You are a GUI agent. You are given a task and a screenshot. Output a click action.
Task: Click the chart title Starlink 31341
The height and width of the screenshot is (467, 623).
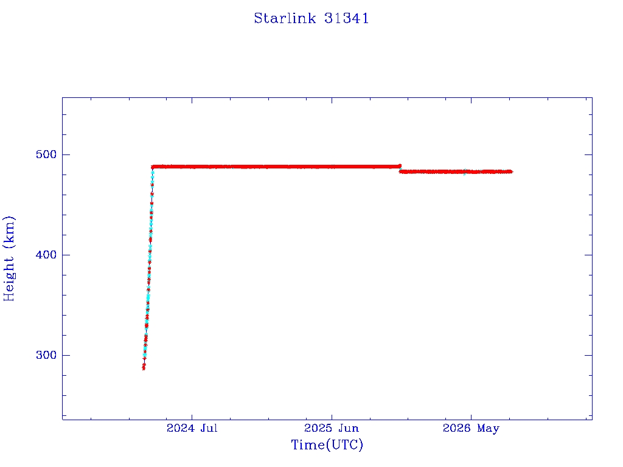click(311, 18)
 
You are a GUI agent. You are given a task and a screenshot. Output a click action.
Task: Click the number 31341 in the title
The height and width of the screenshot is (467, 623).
click(346, 18)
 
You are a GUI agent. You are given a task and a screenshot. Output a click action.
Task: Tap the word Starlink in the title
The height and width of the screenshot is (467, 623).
click(285, 18)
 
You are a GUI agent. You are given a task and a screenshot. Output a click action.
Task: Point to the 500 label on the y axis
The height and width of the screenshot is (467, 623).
click(46, 154)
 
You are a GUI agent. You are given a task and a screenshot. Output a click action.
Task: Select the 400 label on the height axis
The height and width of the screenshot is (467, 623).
click(46, 255)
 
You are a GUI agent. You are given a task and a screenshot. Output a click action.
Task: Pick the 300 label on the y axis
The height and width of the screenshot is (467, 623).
click(46, 355)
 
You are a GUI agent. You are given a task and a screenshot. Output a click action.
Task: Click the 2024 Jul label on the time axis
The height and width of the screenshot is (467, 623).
click(192, 428)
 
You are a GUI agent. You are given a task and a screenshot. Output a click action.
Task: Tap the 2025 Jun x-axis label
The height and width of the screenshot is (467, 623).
click(332, 428)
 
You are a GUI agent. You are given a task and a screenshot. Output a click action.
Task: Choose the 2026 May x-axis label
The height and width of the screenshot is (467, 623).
click(472, 429)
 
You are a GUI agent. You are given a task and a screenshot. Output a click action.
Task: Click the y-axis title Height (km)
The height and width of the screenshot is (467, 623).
click(9, 258)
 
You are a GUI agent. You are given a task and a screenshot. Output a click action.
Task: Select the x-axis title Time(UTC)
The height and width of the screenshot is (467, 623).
click(327, 445)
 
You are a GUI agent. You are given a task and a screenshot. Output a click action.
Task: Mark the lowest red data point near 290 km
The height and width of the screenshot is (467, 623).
click(144, 368)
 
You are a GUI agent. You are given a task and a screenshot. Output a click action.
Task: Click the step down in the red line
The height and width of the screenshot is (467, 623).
click(400, 169)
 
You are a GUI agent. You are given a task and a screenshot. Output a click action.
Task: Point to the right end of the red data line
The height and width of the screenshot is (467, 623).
click(512, 171)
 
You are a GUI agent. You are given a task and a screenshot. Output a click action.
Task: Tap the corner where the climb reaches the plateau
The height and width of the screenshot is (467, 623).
click(153, 167)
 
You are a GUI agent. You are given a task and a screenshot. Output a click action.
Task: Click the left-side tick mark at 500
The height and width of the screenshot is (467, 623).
click(66, 154)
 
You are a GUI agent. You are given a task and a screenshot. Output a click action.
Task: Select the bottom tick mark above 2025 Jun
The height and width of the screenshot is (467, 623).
click(332, 417)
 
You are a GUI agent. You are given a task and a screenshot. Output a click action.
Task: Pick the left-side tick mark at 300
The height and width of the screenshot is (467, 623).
click(66, 355)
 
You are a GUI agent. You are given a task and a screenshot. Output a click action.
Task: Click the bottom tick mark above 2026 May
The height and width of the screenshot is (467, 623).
click(472, 417)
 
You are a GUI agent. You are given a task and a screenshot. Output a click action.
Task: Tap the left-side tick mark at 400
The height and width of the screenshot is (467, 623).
click(66, 255)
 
